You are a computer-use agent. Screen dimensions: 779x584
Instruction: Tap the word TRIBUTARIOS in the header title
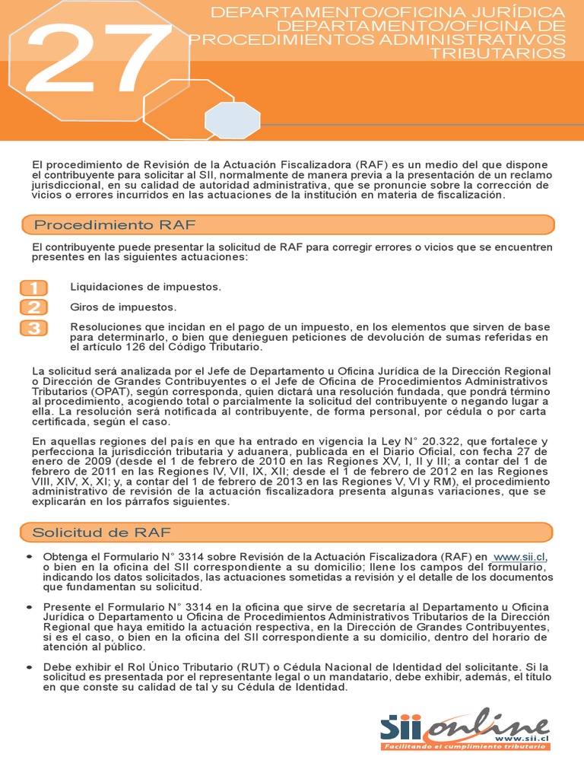pyautogui.click(x=497, y=53)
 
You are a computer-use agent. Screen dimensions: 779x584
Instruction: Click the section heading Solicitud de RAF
pyautogui.click(x=103, y=532)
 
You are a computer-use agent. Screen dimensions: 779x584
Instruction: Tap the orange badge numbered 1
pyautogui.click(x=34, y=288)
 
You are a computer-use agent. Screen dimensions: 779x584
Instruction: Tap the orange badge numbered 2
pyautogui.click(x=34, y=307)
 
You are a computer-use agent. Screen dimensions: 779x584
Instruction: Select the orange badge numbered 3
pyautogui.click(x=34, y=328)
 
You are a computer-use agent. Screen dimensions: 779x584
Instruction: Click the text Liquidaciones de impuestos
pyautogui.click(x=145, y=287)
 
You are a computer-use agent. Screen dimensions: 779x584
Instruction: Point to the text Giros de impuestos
pyautogui.click(x=123, y=307)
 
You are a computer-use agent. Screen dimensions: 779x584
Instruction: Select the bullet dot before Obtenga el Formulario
pyautogui.click(x=29, y=558)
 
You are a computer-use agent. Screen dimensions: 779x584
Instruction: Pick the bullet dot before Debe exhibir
pyautogui.click(x=29, y=667)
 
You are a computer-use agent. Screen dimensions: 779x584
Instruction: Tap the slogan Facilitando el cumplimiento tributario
pyautogui.click(x=463, y=746)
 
